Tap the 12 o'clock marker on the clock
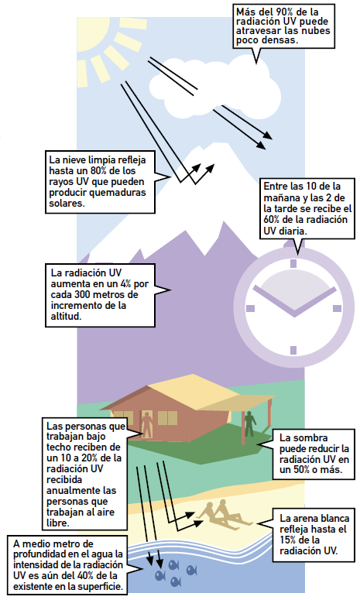293,263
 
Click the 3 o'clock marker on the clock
337,308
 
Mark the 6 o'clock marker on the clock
293,350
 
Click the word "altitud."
66,317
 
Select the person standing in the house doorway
146,424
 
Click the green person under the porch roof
250,424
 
